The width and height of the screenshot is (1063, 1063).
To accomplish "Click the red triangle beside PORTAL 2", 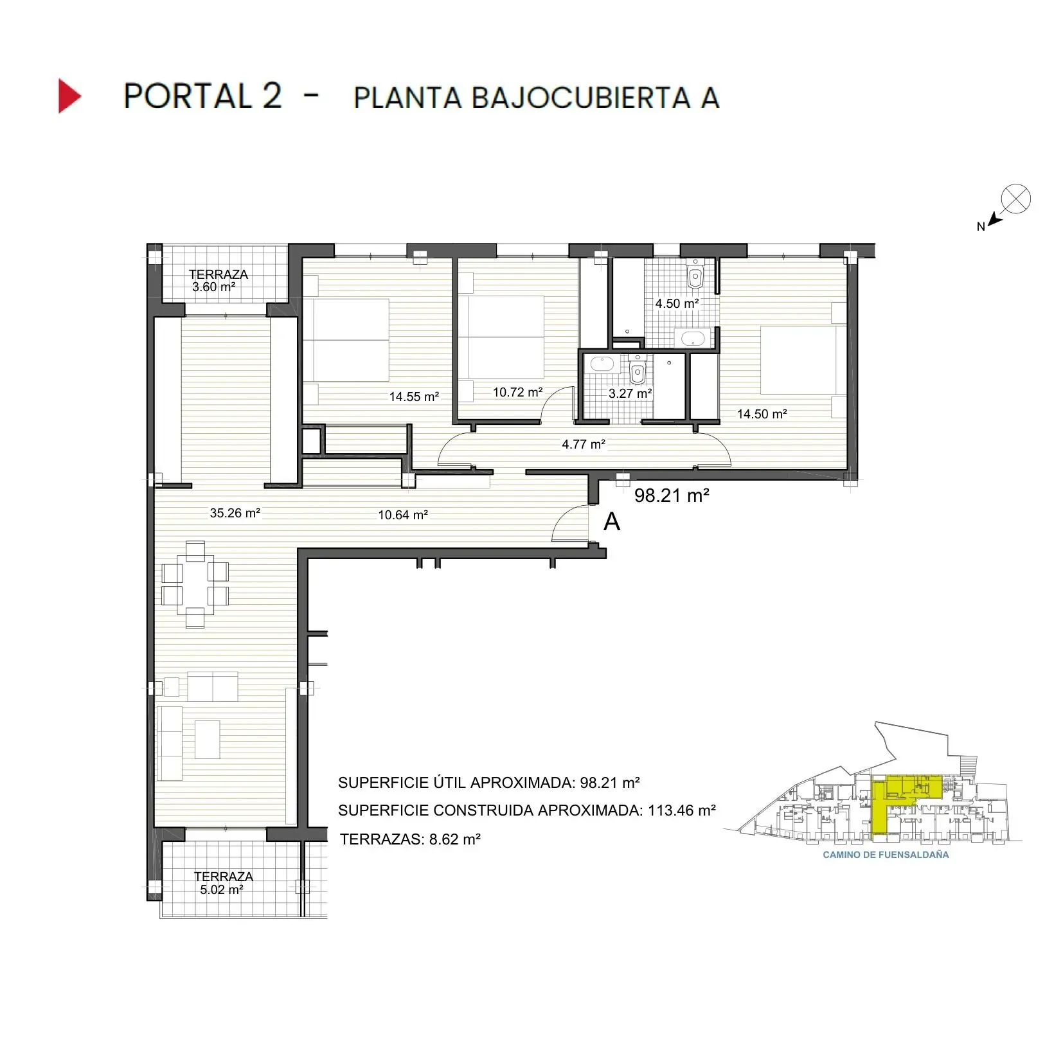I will pyautogui.click(x=69, y=96).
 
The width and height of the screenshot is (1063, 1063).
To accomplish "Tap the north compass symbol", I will pyautogui.click(x=1015, y=199).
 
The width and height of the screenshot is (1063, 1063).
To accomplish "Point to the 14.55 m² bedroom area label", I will pyautogui.click(x=414, y=397).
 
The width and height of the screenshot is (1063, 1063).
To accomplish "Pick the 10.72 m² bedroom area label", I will pyautogui.click(x=517, y=392).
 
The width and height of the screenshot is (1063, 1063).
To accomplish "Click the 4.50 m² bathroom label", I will pyautogui.click(x=676, y=303).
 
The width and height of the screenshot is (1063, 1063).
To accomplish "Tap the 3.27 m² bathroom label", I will pyautogui.click(x=630, y=393).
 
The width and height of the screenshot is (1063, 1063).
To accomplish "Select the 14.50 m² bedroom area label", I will pyautogui.click(x=762, y=415).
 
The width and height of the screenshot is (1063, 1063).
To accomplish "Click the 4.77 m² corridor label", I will pyautogui.click(x=583, y=444).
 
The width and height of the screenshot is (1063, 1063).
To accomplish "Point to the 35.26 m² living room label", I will pyautogui.click(x=235, y=513).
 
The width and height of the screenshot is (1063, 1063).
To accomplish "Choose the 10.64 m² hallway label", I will pyautogui.click(x=402, y=515).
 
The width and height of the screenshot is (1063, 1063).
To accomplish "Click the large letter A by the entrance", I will pyautogui.click(x=612, y=522).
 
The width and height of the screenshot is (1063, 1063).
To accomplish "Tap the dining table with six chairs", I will pyautogui.click(x=195, y=584).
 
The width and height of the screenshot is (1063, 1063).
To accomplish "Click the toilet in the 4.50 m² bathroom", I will pyautogui.click(x=695, y=276).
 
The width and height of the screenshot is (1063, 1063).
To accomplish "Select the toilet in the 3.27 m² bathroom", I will pyautogui.click(x=637, y=371).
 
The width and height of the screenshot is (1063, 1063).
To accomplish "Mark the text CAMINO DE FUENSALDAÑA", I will pyautogui.click(x=885, y=855).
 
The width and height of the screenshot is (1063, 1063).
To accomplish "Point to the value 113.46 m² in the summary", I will pyautogui.click(x=681, y=810).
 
